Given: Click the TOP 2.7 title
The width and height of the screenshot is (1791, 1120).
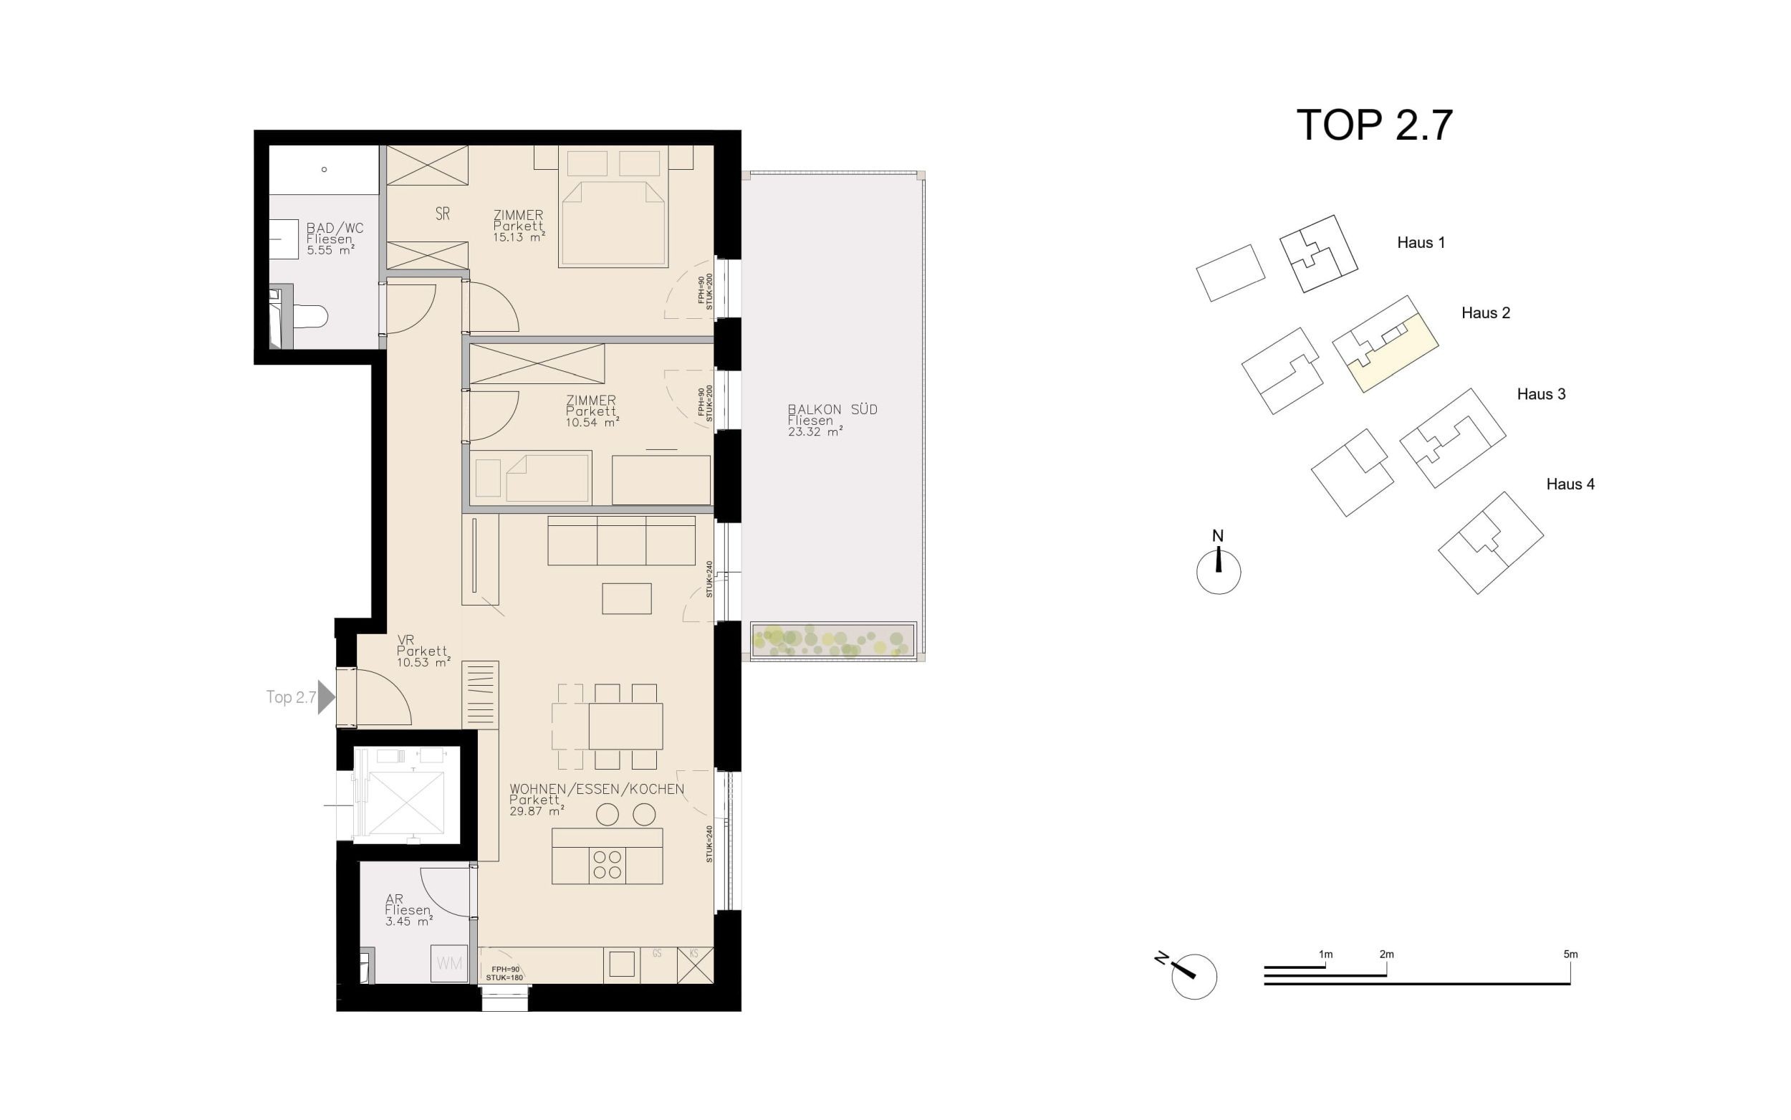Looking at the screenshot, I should click(x=1374, y=125).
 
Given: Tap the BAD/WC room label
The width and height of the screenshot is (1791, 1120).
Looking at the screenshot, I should click(x=335, y=228).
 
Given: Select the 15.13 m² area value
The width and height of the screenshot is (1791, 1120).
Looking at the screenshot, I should click(x=518, y=238).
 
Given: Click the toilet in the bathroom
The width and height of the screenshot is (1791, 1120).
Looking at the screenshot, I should click(x=310, y=317).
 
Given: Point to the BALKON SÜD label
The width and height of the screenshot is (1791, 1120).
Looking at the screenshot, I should click(x=832, y=410).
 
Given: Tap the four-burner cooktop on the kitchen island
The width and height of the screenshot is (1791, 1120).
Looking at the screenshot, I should click(x=607, y=864).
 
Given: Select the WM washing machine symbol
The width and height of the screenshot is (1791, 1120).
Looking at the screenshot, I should click(x=449, y=964).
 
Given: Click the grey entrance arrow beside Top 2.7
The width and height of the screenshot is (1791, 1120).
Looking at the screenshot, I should click(x=326, y=697).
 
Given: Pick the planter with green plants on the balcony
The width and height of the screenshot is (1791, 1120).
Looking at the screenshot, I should click(x=833, y=639).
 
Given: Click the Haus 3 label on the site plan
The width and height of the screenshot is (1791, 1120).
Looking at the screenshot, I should click(x=1541, y=394).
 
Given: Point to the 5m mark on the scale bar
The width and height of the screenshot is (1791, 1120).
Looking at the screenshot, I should click(x=1570, y=954).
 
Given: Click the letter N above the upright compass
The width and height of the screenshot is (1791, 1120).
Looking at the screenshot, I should click(x=1217, y=535).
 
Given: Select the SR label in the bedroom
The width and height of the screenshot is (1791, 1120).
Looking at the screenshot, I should click(x=443, y=214).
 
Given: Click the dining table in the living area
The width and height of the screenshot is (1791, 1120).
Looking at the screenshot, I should click(x=625, y=726).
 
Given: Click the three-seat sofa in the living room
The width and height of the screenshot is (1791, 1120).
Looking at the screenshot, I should click(x=620, y=541).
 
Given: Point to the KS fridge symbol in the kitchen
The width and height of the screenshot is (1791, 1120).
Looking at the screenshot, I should click(x=694, y=965).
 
